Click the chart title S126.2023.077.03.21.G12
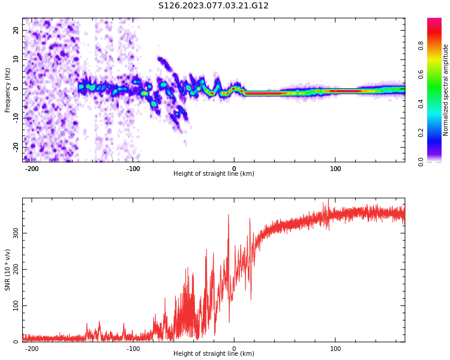pyautogui.click(x=213, y=5)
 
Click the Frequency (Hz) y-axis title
pyautogui.click(x=8, y=90)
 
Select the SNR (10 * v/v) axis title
pyautogui.click(x=8, y=270)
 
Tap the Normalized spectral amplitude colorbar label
pyautogui.click(x=446, y=90)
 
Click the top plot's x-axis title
pyautogui.click(x=214, y=174)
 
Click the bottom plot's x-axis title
pyautogui.click(x=214, y=354)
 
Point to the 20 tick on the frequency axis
pyautogui.click(x=16, y=30)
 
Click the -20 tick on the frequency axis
pyautogui.click(x=15, y=146)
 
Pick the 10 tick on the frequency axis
pyautogui.click(x=16, y=59)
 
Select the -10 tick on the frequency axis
pyautogui.click(x=15, y=118)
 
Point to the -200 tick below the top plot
pyautogui.click(x=32, y=169)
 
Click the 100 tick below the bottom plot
pyautogui.click(x=335, y=349)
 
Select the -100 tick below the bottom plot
pyautogui.click(x=133, y=349)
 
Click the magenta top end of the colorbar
pyautogui.click(x=434, y=22)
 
